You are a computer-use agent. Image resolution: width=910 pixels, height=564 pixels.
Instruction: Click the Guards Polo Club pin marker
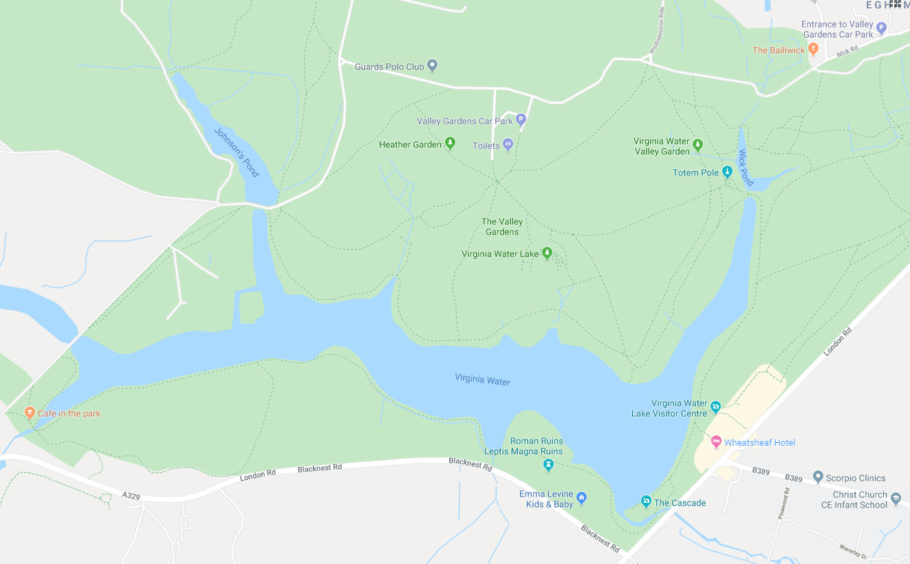coord(433,66)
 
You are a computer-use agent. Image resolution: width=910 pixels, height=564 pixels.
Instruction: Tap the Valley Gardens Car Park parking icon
coord(521,120)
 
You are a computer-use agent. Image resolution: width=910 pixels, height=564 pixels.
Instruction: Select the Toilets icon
coord(508,145)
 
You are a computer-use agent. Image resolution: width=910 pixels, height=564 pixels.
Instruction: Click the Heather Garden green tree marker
coord(450,144)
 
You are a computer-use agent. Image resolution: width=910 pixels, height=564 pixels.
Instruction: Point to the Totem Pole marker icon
coord(727,172)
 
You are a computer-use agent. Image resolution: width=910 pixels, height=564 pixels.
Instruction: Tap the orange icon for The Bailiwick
coord(813,50)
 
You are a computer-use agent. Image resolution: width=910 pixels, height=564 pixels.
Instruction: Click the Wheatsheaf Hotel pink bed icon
coord(715,442)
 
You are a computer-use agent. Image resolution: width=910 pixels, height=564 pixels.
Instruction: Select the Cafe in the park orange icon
coord(30,413)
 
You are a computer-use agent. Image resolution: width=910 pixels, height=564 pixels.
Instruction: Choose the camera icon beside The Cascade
coord(646,501)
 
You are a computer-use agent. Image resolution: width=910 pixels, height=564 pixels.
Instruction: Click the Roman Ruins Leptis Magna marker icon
coord(548,466)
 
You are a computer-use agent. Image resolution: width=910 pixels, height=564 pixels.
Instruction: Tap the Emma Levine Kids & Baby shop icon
coord(581,499)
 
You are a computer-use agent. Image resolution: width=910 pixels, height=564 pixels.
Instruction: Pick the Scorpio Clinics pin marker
coord(818,477)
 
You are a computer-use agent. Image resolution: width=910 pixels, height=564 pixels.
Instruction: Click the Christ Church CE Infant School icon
coord(896,499)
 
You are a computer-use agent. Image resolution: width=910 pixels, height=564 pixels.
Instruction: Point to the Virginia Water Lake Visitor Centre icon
coord(715,407)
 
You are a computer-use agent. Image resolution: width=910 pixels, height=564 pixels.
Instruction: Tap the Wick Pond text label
coord(746,168)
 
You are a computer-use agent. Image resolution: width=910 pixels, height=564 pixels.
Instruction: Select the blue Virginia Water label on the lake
coord(482,379)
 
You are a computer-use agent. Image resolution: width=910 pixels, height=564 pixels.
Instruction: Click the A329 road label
coord(131,495)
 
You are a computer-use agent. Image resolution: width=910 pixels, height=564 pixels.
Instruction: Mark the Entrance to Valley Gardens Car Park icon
coord(881,28)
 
